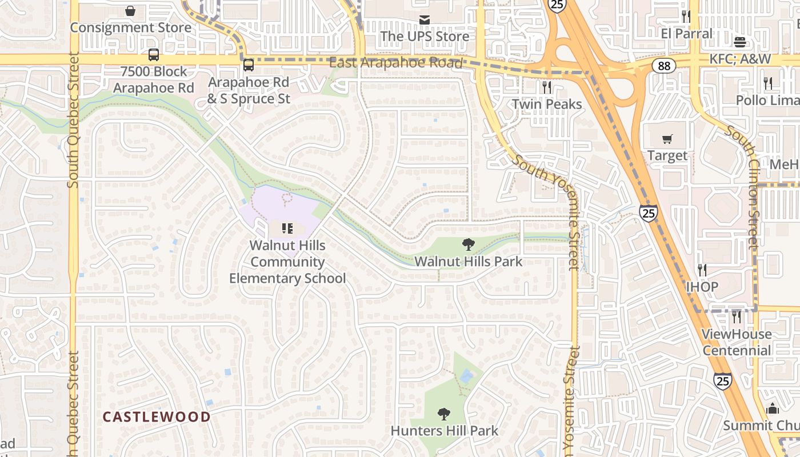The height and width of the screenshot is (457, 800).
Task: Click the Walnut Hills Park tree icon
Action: click(x=469, y=245)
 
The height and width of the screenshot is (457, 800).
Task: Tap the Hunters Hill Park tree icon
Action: click(x=444, y=414)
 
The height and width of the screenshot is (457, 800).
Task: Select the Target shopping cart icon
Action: click(x=667, y=139)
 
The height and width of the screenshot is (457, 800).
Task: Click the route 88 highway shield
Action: click(x=663, y=66)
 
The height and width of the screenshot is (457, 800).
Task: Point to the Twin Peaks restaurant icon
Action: click(x=547, y=87)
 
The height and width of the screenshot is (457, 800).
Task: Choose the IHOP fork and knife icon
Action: click(x=702, y=270)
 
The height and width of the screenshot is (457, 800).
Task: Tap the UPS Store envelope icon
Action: click(x=425, y=20)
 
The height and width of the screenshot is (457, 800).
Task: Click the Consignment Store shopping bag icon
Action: click(x=130, y=11)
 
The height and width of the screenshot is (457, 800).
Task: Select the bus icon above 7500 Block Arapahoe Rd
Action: click(x=154, y=55)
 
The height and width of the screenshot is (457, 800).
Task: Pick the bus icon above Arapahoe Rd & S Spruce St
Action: click(x=248, y=65)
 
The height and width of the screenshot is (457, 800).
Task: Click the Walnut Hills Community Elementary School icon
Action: click(x=287, y=228)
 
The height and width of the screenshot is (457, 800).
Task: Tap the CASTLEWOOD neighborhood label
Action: click(x=157, y=417)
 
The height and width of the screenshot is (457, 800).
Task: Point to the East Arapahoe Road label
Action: click(x=395, y=63)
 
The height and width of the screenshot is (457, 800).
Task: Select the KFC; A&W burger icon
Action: click(x=740, y=42)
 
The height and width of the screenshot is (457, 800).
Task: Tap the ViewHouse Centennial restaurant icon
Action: click(x=737, y=316)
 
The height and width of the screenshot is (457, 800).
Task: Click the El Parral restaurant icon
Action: click(x=686, y=17)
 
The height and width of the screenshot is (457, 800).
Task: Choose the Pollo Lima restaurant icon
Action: click(x=768, y=83)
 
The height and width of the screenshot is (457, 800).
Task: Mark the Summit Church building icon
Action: click(x=773, y=408)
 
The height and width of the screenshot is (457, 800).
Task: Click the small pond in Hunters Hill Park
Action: click(x=467, y=376)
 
